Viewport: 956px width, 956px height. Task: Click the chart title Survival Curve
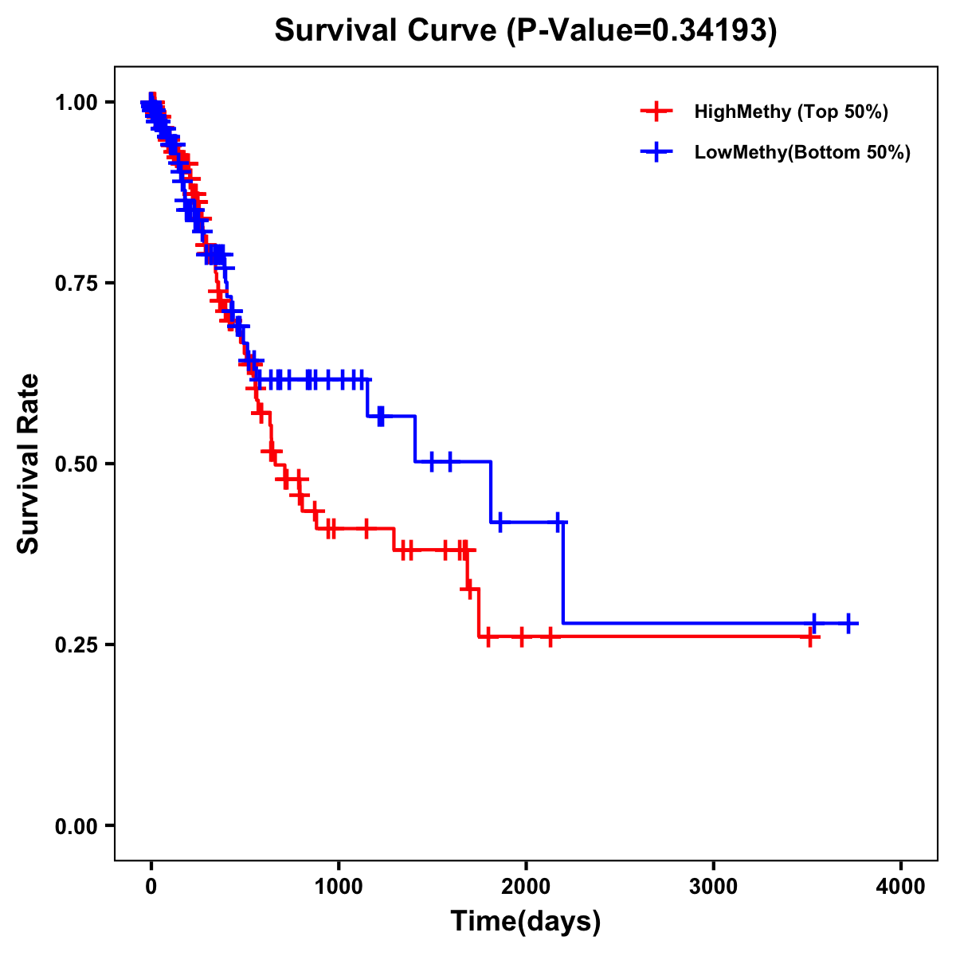387,30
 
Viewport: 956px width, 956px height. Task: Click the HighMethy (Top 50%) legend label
791,112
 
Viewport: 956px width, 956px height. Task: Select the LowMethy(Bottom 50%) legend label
802,152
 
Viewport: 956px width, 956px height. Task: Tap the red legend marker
656,112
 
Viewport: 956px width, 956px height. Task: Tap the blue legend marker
656,152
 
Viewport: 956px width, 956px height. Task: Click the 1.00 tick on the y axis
76,102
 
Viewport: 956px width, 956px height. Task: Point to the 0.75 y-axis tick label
76,283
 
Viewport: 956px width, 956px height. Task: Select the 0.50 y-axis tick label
76,464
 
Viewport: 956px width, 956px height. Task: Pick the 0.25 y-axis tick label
76,645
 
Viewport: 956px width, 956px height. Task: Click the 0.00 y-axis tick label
76,825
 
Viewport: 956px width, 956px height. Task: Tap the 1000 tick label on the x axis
339,887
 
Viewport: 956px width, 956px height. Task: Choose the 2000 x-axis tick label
526,887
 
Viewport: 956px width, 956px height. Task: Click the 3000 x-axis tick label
713,887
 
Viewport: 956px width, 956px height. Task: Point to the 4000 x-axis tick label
901,887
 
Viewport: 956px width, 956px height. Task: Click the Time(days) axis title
526,922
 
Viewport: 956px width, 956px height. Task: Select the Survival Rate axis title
29,464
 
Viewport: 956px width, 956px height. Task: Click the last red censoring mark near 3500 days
810,637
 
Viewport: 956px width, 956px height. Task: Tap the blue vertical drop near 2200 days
563,574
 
